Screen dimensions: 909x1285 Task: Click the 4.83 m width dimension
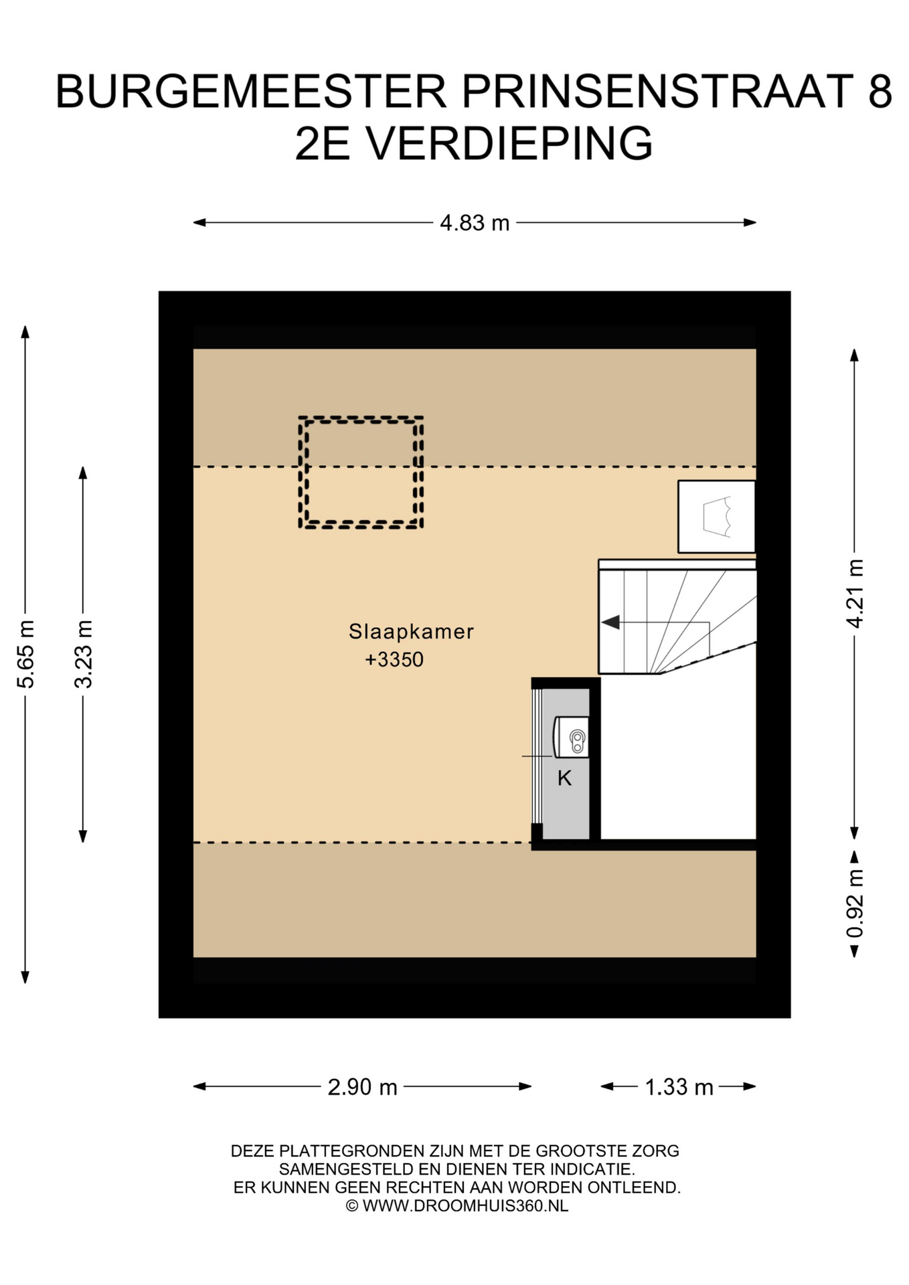point(474,222)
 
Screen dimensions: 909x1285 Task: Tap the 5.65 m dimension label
point(26,654)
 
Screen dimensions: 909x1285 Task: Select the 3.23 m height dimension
point(84,654)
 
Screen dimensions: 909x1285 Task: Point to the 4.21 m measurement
point(855,593)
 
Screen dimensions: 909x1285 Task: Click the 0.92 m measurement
point(855,904)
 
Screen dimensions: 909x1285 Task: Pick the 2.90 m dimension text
point(362,1087)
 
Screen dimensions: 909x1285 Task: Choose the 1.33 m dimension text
point(679,1087)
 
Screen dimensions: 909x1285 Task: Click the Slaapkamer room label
point(411,631)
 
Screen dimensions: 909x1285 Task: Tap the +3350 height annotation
point(394,660)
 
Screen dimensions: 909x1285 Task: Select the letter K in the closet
point(564,778)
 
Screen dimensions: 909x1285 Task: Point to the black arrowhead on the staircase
point(610,622)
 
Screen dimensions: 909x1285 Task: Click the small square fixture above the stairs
point(716,517)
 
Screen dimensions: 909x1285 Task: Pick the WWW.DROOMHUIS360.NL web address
point(465,1205)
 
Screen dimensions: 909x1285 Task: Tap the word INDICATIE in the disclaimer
point(592,1169)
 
